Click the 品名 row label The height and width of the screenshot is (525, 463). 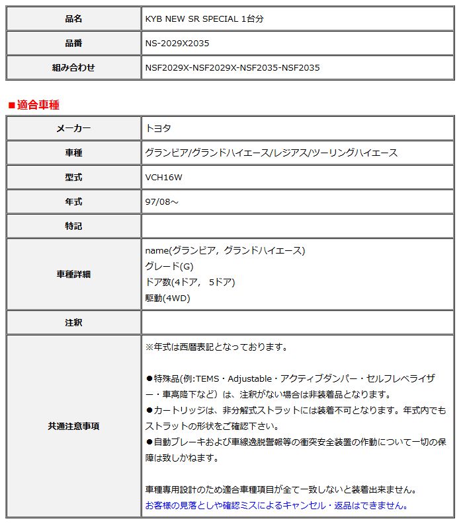pos(73,18)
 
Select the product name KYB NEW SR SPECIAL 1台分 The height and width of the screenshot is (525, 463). pos(206,18)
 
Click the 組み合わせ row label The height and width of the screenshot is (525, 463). pos(73,67)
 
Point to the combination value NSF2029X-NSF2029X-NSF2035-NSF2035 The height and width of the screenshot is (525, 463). pos(232,67)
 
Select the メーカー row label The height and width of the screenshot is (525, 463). pos(73,128)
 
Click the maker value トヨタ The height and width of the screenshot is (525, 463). pos(158,128)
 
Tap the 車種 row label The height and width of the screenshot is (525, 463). pos(73,153)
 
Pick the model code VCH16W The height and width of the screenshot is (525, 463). pos(164,177)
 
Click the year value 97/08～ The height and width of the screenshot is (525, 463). pos(162,201)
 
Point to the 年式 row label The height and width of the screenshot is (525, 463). pos(73,201)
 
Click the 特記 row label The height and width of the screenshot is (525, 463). pos(73,226)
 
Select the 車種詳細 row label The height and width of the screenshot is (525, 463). pos(73,274)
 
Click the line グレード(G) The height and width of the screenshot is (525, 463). pos(169,266)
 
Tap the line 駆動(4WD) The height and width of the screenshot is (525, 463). pos(167,298)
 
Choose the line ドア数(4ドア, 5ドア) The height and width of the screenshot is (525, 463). pos(190,282)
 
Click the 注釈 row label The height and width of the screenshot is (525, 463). pos(73,323)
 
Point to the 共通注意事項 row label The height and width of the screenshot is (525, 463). pos(73,427)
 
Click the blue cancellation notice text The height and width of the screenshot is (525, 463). pos(276,505)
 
